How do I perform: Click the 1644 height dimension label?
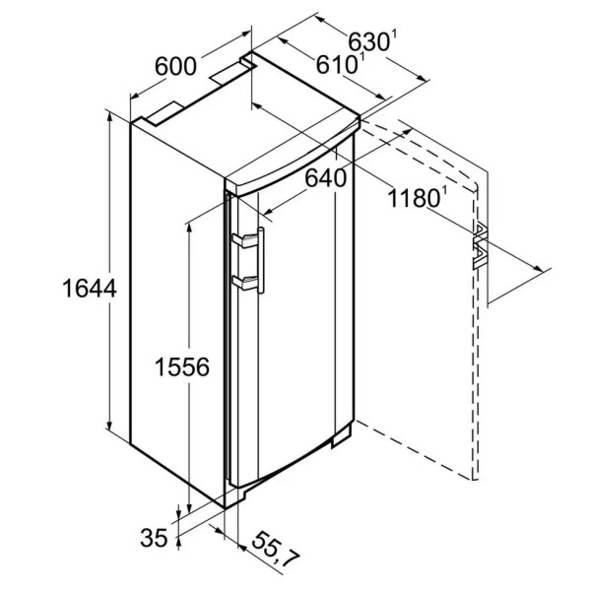tap(90, 289)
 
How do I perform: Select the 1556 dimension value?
tap(182, 367)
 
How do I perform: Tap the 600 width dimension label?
tap(175, 66)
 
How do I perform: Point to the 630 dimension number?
tap(368, 41)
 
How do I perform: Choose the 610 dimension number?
tap(336, 64)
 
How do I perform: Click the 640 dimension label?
tap(326, 177)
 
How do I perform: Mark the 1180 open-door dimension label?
tap(414, 198)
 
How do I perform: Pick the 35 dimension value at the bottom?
tap(154, 538)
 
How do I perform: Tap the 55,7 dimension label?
tap(275, 550)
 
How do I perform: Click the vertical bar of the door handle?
tap(261, 260)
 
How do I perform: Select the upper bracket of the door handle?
tap(245, 241)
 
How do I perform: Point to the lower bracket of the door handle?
tap(245, 283)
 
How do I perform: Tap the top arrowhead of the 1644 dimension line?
tap(109, 117)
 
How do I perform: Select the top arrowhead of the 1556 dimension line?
tap(189, 230)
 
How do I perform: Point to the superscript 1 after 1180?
tap(443, 191)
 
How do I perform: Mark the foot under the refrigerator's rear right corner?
tap(342, 438)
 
